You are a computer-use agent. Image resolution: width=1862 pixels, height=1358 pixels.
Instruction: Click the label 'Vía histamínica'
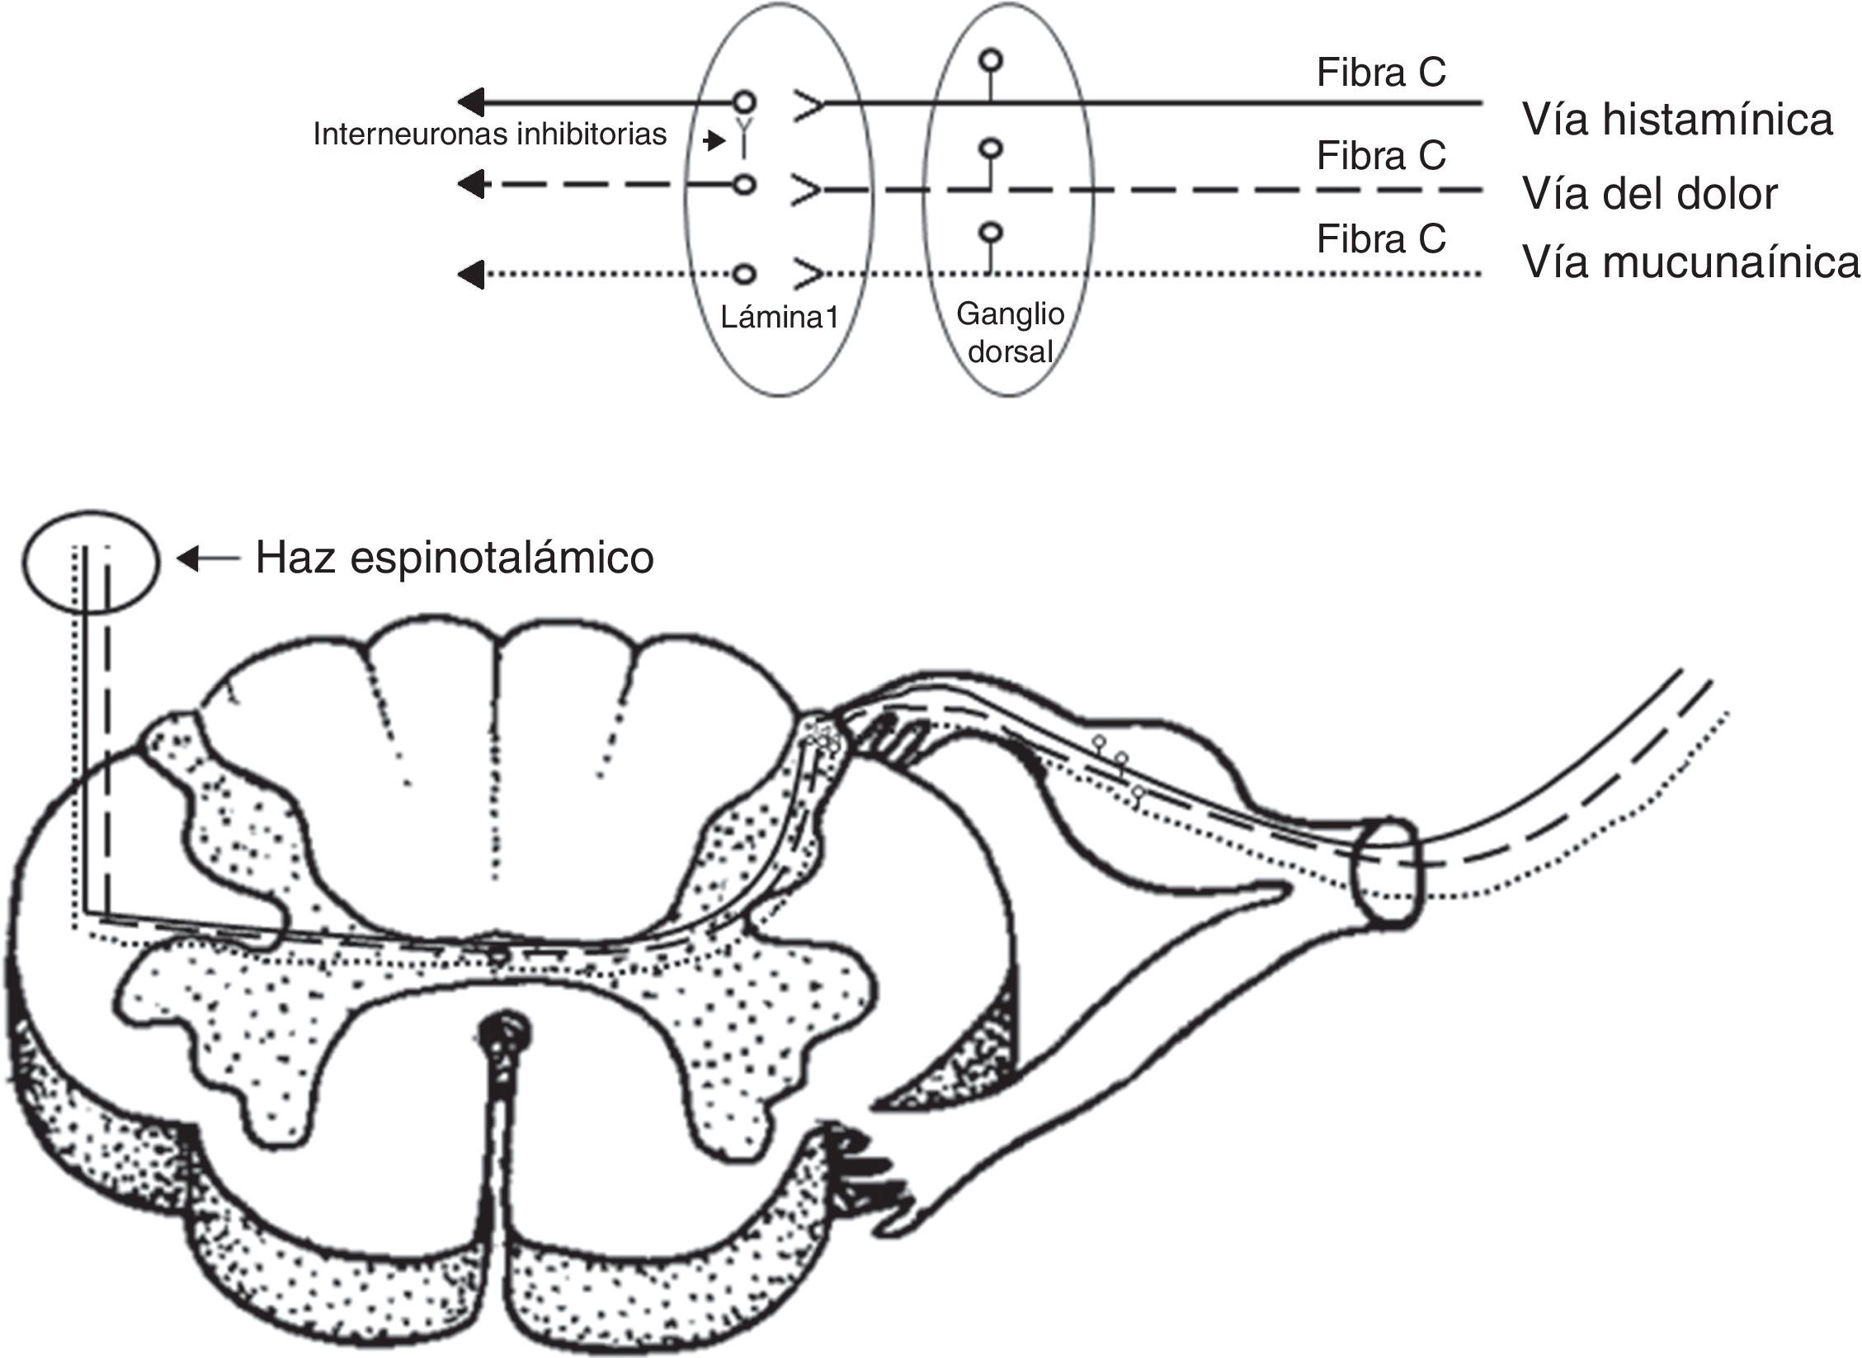(x=1677, y=120)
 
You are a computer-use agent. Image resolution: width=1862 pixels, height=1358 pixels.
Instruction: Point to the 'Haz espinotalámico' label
(x=455, y=558)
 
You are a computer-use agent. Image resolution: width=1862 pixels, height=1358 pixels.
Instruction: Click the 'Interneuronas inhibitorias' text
(x=490, y=134)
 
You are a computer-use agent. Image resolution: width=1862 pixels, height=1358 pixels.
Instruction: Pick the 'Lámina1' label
(x=779, y=317)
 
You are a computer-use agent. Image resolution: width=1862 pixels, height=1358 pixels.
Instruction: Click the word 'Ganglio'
(x=1010, y=314)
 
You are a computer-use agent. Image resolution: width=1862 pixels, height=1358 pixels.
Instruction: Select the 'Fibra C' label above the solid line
(x=1381, y=73)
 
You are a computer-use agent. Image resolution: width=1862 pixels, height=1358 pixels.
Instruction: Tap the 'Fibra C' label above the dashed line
(x=1381, y=155)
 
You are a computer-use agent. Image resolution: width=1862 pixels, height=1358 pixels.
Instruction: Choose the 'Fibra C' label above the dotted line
(x=1381, y=239)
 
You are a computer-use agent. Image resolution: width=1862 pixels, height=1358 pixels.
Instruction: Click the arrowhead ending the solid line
(x=471, y=103)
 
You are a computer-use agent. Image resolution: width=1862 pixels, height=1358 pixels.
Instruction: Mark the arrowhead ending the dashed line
(x=471, y=185)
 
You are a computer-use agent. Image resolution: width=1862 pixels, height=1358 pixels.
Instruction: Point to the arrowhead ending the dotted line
(x=471, y=274)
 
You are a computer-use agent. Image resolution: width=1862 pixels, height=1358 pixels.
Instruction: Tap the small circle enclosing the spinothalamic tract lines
(x=89, y=561)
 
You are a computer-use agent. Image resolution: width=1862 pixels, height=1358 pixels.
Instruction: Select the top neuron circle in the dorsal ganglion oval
(x=990, y=61)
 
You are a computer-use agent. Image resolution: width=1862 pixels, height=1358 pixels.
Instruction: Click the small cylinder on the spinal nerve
(x=1389, y=874)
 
